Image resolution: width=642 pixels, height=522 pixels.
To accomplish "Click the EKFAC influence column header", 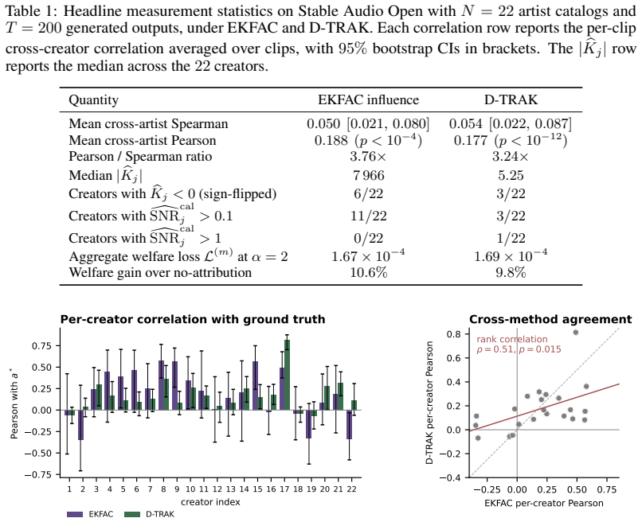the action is click(x=368, y=99).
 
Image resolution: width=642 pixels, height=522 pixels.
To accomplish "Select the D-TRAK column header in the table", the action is click(x=511, y=99).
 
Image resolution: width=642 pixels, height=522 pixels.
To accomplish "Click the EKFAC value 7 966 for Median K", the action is click(x=369, y=176).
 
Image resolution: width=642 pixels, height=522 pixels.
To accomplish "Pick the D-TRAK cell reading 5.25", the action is click(x=511, y=176).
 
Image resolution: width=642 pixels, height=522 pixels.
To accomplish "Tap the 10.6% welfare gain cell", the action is click(x=369, y=272).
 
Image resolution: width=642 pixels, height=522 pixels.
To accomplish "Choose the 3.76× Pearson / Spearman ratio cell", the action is click(x=368, y=156).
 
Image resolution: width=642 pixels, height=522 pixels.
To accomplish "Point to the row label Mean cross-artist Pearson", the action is click(x=142, y=140).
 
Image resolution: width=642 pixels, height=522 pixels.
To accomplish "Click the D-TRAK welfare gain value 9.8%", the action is click(x=511, y=272).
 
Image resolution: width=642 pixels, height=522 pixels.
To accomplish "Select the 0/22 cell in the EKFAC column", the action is click(x=369, y=238).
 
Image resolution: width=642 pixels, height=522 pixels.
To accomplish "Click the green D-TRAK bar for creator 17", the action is click(x=287, y=375).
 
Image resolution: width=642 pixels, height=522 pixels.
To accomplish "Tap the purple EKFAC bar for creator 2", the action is click(x=80, y=425).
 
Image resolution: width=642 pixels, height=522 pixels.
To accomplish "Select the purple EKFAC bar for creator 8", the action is click(x=162, y=385).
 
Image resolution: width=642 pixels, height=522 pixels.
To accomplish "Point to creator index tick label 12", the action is click(x=217, y=489).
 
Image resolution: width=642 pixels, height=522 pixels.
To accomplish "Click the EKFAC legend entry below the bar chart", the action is click(x=90, y=514).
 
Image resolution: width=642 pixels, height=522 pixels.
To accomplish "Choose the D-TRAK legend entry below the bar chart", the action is click(x=149, y=514).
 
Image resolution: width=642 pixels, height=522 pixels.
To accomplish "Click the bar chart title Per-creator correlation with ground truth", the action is click(x=193, y=320).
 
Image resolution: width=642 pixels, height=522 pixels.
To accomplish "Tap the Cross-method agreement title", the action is click(x=550, y=320).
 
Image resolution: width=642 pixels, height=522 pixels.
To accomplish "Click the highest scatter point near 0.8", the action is click(x=576, y=333).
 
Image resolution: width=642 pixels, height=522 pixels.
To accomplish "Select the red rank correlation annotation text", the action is click(x=519, y=344).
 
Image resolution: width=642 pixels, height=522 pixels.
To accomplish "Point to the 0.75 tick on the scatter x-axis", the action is click(x=607, y=489).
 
